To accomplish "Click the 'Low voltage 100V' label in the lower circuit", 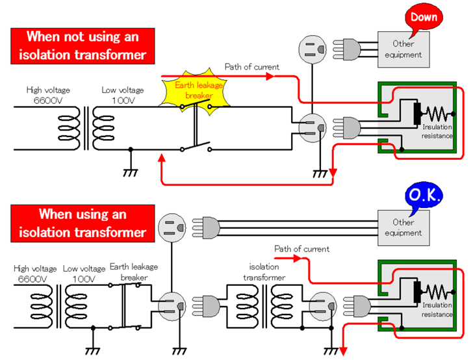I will pos(84,273).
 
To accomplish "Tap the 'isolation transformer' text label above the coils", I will pos(264,272).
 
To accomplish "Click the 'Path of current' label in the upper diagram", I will pos(251,67).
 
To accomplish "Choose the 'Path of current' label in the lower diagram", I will pos(301,249).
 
